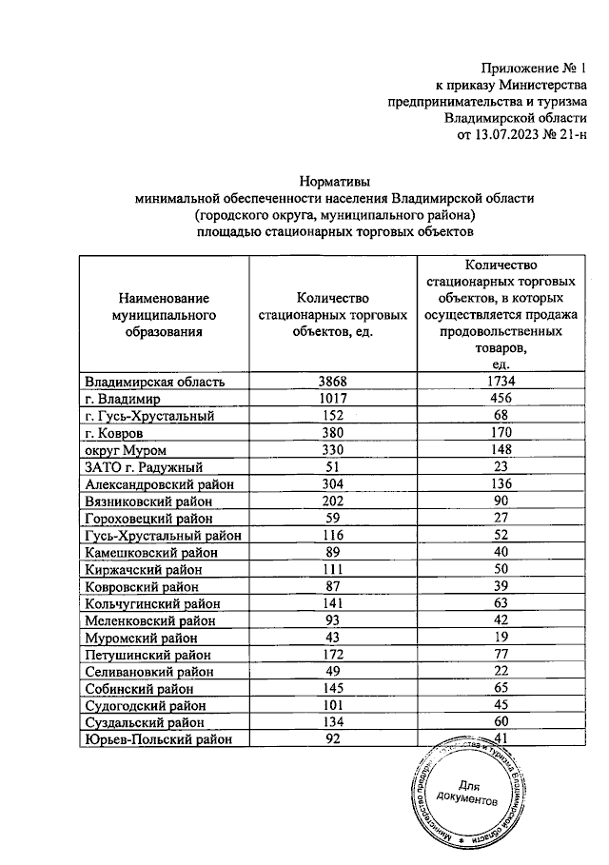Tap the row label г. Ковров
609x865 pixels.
[x=114, y=433]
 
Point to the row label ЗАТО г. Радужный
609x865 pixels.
[x=144, y=467]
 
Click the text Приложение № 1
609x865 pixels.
[x=535, y=69]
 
